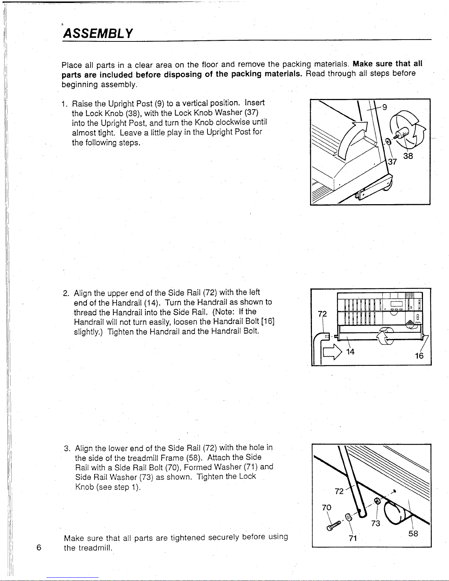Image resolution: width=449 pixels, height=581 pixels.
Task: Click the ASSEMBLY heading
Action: click(98, 33)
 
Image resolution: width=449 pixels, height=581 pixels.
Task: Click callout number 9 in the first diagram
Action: click(384, 107)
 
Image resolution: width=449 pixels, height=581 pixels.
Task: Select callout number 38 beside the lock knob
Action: click(408, 156)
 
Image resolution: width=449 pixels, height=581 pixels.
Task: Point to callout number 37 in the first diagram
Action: click(393, 162)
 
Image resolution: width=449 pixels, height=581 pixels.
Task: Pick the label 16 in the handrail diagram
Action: click(419, 356)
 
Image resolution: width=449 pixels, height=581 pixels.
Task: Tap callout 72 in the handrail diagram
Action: click(323, 314)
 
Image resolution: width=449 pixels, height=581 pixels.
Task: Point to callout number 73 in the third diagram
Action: click(375, 523)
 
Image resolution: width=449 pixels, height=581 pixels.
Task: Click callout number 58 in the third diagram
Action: click(413, 533)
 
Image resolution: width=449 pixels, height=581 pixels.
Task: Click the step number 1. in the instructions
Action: click(65, 103)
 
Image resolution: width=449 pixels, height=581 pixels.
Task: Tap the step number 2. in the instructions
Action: click(66, 293)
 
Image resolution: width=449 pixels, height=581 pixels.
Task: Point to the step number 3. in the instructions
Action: click(67, 448)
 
